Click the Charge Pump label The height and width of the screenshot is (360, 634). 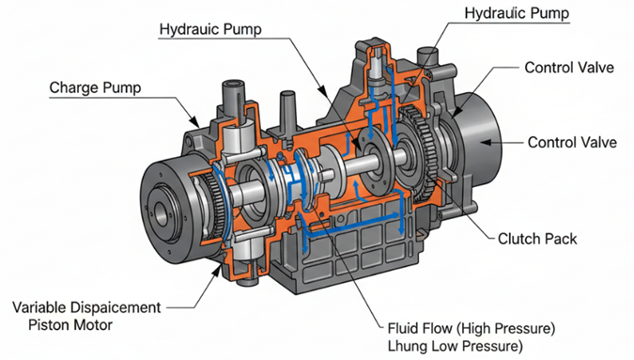(95, 87)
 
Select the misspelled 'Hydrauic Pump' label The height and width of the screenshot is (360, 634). (210, 29)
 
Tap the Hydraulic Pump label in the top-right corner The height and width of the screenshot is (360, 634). (517, 13)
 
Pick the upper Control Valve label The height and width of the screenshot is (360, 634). (569, 68)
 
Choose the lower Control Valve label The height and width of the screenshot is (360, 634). (572, 142)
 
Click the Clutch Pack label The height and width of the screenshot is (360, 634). (537, 239)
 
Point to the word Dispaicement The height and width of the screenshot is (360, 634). (116, 307)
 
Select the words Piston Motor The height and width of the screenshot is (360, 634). (70, 325)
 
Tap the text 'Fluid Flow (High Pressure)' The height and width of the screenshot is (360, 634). (472, 328)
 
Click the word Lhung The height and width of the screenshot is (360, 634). (408, 347)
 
